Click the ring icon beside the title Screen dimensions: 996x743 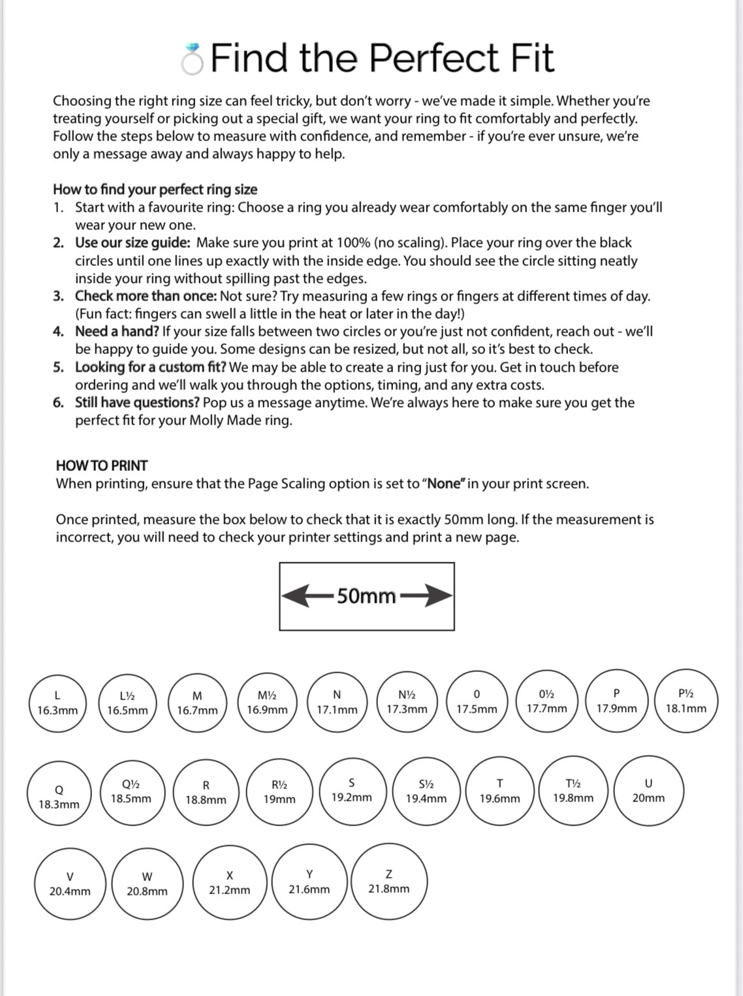193,59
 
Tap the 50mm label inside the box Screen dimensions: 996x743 366,596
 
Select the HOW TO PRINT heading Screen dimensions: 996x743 102,466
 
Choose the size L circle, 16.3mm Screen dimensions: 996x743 57,703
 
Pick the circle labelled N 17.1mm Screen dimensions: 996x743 337,701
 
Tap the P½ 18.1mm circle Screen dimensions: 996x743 686,701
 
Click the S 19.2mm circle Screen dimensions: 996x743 352,790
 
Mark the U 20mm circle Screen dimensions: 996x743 648,791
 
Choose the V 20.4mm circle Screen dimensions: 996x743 70,884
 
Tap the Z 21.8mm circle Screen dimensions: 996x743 389,881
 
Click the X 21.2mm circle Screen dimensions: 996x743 230,882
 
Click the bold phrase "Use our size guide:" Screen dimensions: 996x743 133,243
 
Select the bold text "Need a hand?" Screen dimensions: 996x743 117,332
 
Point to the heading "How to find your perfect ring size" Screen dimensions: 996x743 155,189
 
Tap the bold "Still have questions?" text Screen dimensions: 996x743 137,403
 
